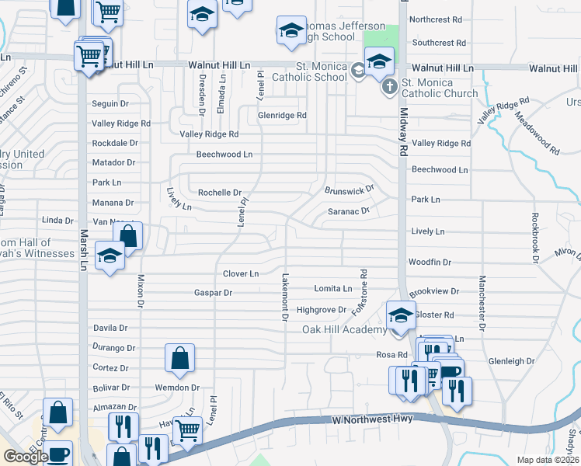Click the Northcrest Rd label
pyautogui.click(x=436, y=19)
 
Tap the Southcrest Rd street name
pyautogui.click(x=440, y=43)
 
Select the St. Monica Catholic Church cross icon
pyautogui.click(x=388, y=87)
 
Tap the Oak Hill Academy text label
pyautogui.click(x=344, y=330)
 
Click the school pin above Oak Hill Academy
pyautogui.click(x=401, y=315)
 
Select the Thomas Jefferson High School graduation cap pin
pyautogui.click(x=291, y=31)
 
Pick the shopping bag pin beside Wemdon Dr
pyautogui.click(x=179, y=358)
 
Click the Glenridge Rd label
pyautogui.click(x=283, y=116)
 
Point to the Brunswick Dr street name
pyautogui.click(x=350, y=189)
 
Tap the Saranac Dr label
pyautogui.click(x=347, y=210)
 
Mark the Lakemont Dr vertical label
pyautogui.click(x=286, y=297)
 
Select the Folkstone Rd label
pyautogui.click(x=360, y=293)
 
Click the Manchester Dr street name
pyautogui.click(x=482, y=304)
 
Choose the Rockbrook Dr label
pyautogui.click(x=535, y=238)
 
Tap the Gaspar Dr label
pyautogui.click(x=214, y=293)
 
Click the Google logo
pyautogui.click(x=25, y=457)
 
